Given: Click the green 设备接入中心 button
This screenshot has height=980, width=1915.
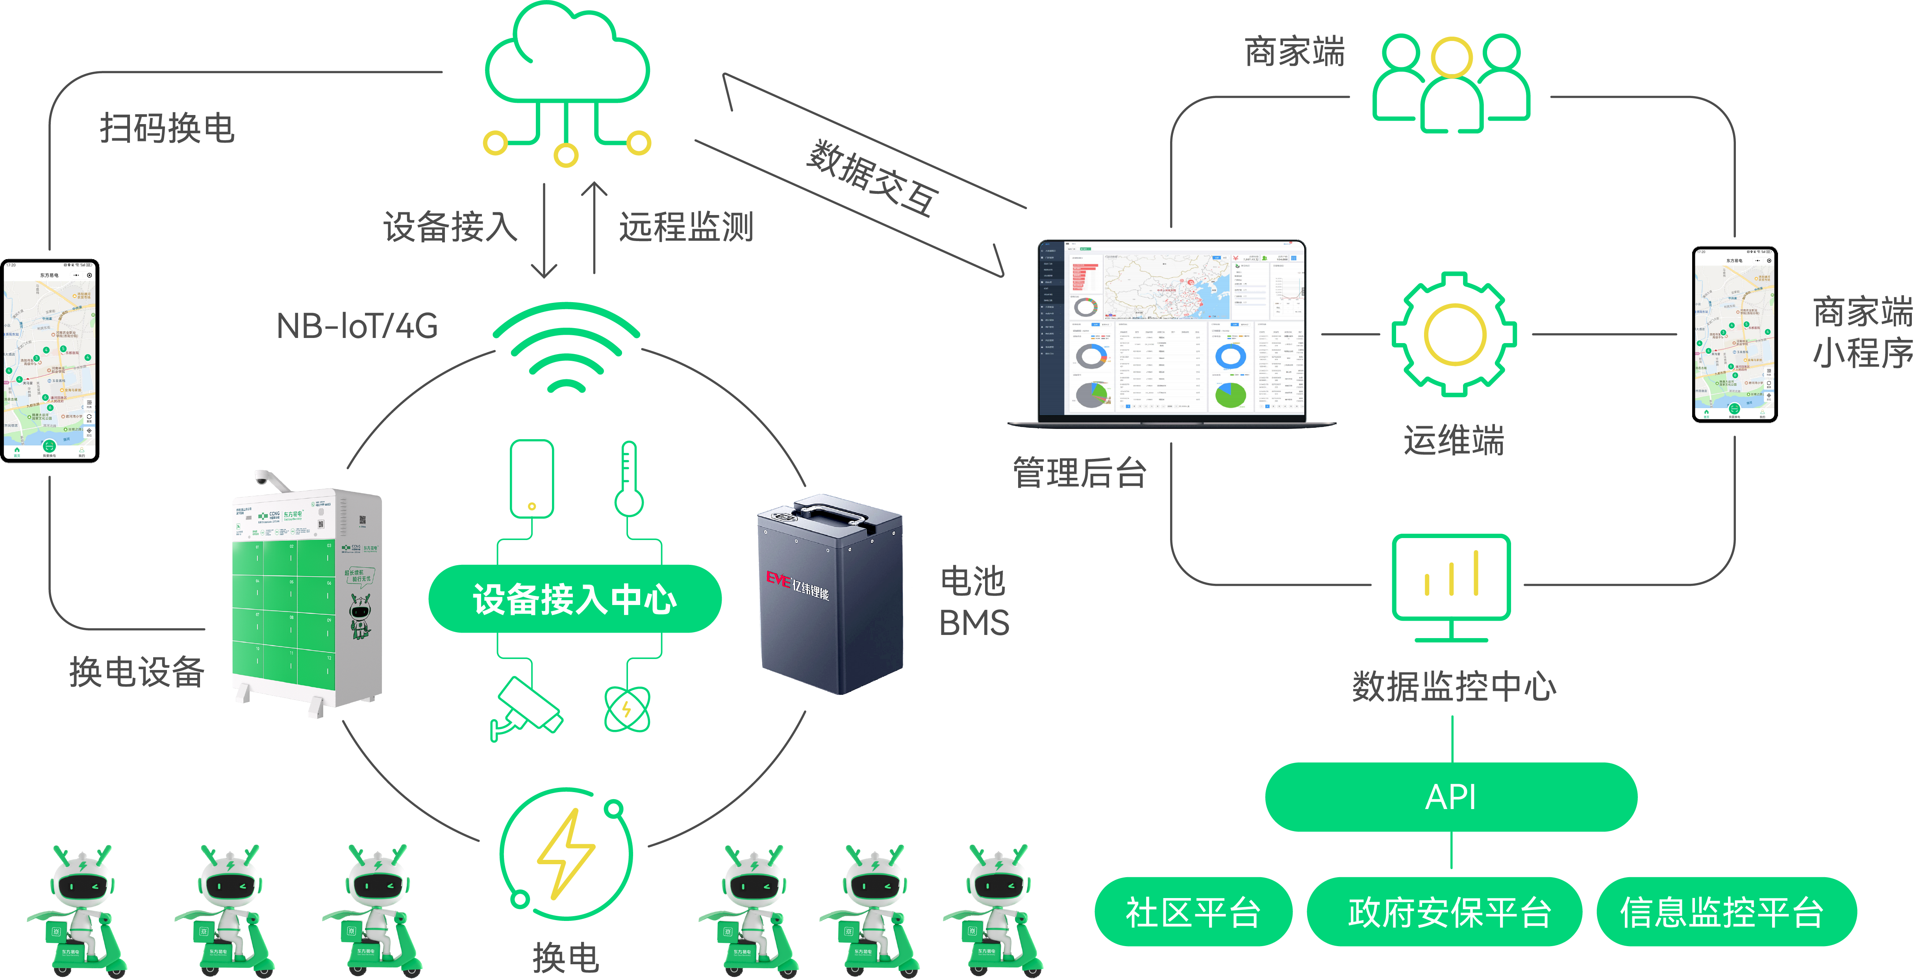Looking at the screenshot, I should point(575,599).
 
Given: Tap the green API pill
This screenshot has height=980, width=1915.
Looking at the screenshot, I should point(1450,797).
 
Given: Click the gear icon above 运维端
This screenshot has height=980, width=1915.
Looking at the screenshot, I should point(1454,334).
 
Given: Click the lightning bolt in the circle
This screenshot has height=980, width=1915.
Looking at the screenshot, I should point(567,854).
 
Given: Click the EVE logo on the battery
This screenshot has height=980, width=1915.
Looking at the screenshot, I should point(778,579).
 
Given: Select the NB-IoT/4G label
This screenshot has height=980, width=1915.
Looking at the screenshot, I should point(357,326).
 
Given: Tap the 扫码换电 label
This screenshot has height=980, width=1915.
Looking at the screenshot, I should point(167,128).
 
